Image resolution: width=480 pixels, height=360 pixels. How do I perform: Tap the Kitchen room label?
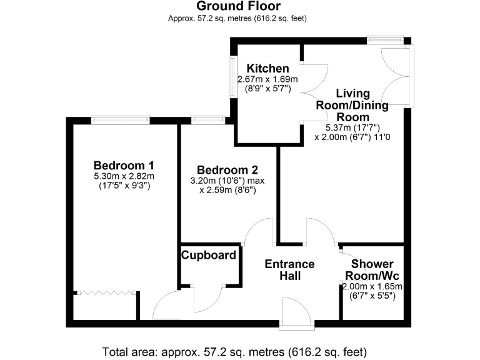(x=267, y=69)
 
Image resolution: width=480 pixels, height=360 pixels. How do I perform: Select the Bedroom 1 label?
(x=124, y=165)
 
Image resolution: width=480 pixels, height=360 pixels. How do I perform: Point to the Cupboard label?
(x=209, y=255)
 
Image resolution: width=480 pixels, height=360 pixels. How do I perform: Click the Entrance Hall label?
(x=289, y=270)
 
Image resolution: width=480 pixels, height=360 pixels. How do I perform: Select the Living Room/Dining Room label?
(x=352, y=105)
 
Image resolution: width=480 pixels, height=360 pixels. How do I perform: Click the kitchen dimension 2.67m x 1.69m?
(x=267, y=80)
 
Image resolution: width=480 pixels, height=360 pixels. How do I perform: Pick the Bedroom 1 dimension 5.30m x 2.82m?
(x=124, y=176)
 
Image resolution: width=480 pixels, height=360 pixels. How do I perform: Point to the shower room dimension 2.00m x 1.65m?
(x=372, y=286)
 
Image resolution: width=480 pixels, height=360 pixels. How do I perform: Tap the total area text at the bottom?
(x=234, y=351)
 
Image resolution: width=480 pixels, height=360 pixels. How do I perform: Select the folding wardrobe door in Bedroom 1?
(x=105, y=292)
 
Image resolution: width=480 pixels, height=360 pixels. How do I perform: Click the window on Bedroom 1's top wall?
(x=120, y=119)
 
